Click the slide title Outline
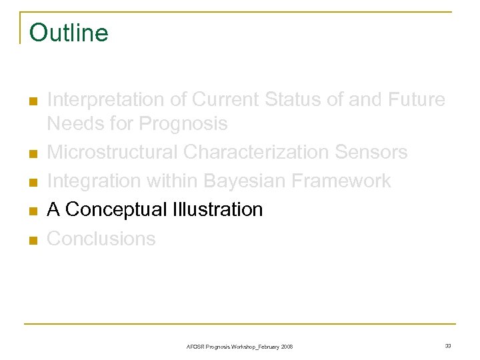69,33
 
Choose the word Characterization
257,153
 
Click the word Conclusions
101,239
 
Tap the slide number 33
447,345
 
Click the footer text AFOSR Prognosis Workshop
239,347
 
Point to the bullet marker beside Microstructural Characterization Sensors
32,154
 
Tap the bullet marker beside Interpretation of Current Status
32,101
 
